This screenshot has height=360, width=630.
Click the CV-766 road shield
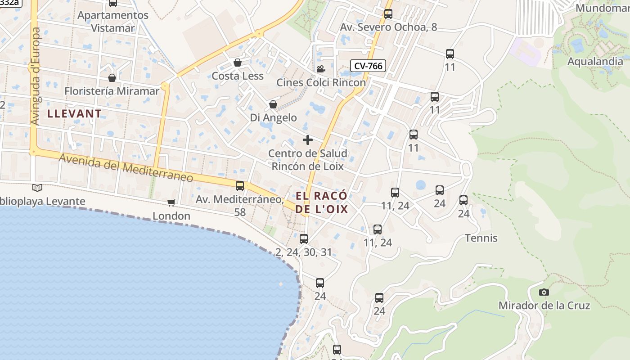pyautogui.click(x=368, y=66)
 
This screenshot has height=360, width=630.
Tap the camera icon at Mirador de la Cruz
pyautogui.click(x=544, y=292)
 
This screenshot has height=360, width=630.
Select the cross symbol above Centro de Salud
pyautogui.click(x=308, y=140)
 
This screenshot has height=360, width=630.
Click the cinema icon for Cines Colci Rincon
pyautogui.click(x=321, y=69)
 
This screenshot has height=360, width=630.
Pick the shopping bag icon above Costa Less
pyautogui.click(x=238, y=63)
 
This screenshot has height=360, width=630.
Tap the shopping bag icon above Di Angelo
pyautogui.click(x=273, y=104)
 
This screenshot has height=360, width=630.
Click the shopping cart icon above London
pyautogui.click(x=171, y=202)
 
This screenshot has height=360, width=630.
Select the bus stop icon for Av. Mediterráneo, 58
pyautogui.click(x=240, y=185)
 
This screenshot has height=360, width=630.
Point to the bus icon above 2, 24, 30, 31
pyautogui.click(x=304, y=239)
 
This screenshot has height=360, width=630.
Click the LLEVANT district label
pyautogui.click(x=75, y=113)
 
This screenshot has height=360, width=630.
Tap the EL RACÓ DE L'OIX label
pyautogui.click(x=322, y=202)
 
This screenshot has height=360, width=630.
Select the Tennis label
pyautogui.click(x=481, y=238)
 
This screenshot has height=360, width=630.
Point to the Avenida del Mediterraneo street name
pyautogui.click(x=126, y=168)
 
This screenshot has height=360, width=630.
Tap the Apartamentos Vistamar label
pyautogui.click(x=113, y=21)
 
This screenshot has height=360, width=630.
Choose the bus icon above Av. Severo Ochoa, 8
pyautogui.click(x=388, y=14)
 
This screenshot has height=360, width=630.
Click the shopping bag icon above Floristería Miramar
pyautogui.click(x=112, y=78)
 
